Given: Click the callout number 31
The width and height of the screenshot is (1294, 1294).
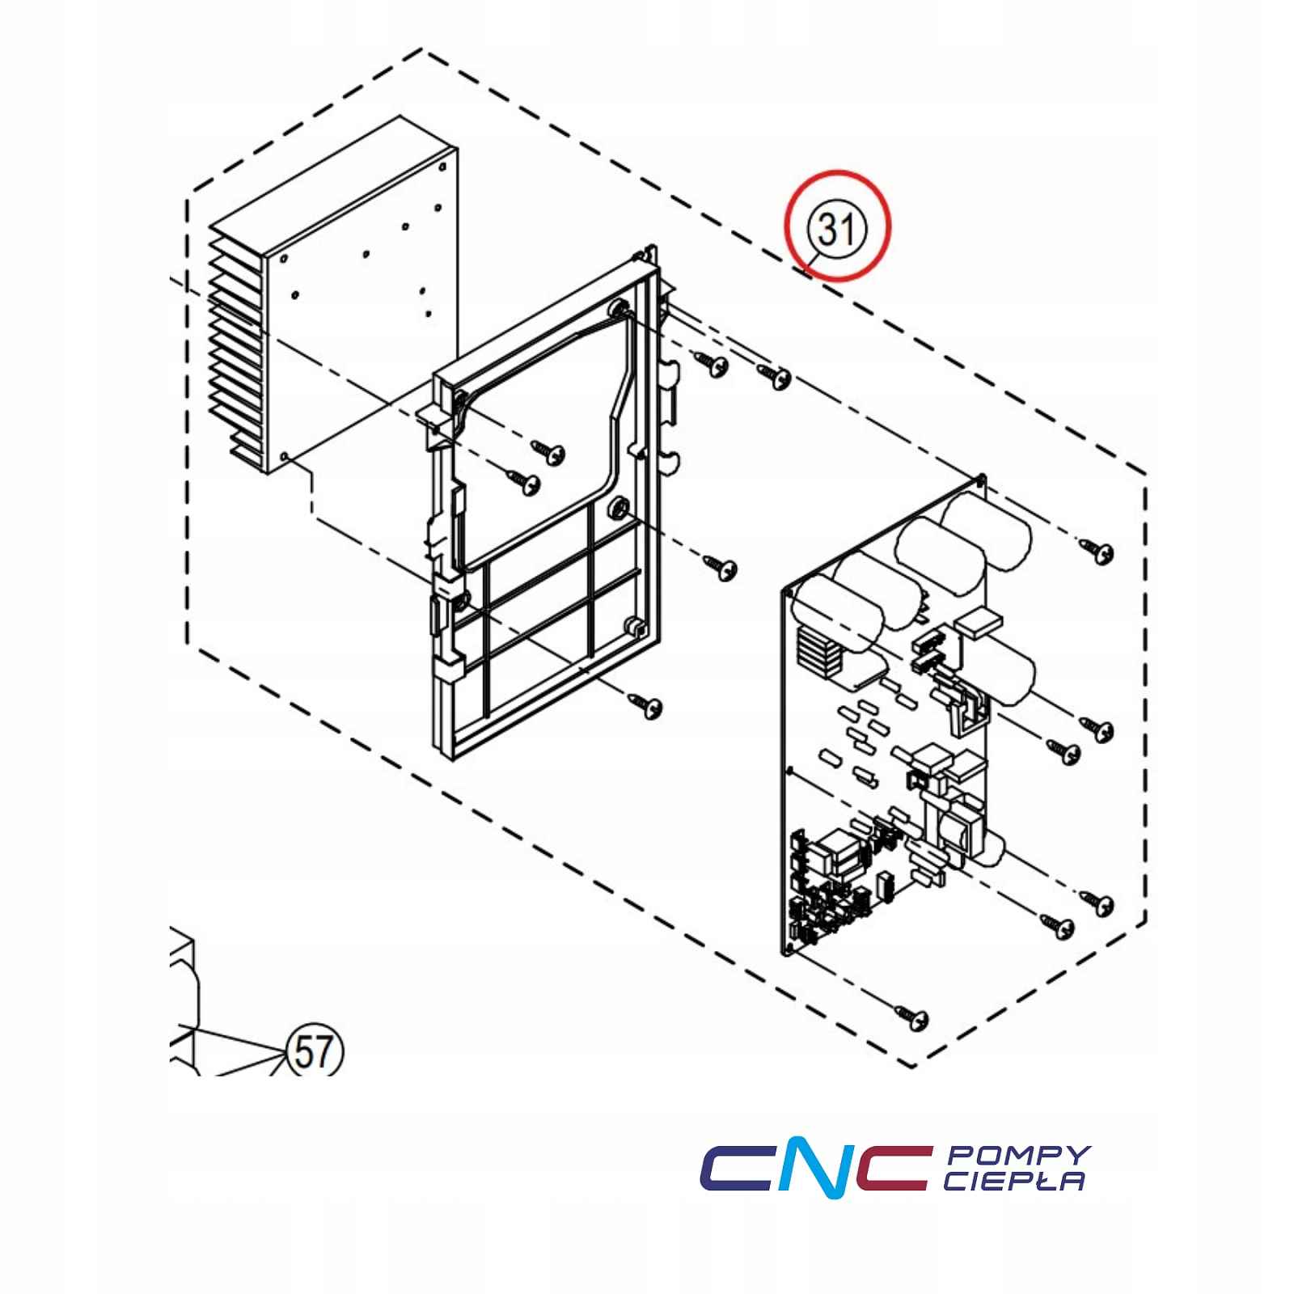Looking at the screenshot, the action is pos(838,230).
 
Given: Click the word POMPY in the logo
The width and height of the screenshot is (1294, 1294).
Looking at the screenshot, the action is pos(1018,1155).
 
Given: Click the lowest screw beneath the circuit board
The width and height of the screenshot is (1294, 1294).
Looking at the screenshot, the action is pos(911,1016).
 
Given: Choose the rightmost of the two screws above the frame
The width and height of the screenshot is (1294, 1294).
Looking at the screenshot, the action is pos(774,374).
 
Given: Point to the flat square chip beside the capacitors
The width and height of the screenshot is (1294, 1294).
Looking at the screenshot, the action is pos(979,624).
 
